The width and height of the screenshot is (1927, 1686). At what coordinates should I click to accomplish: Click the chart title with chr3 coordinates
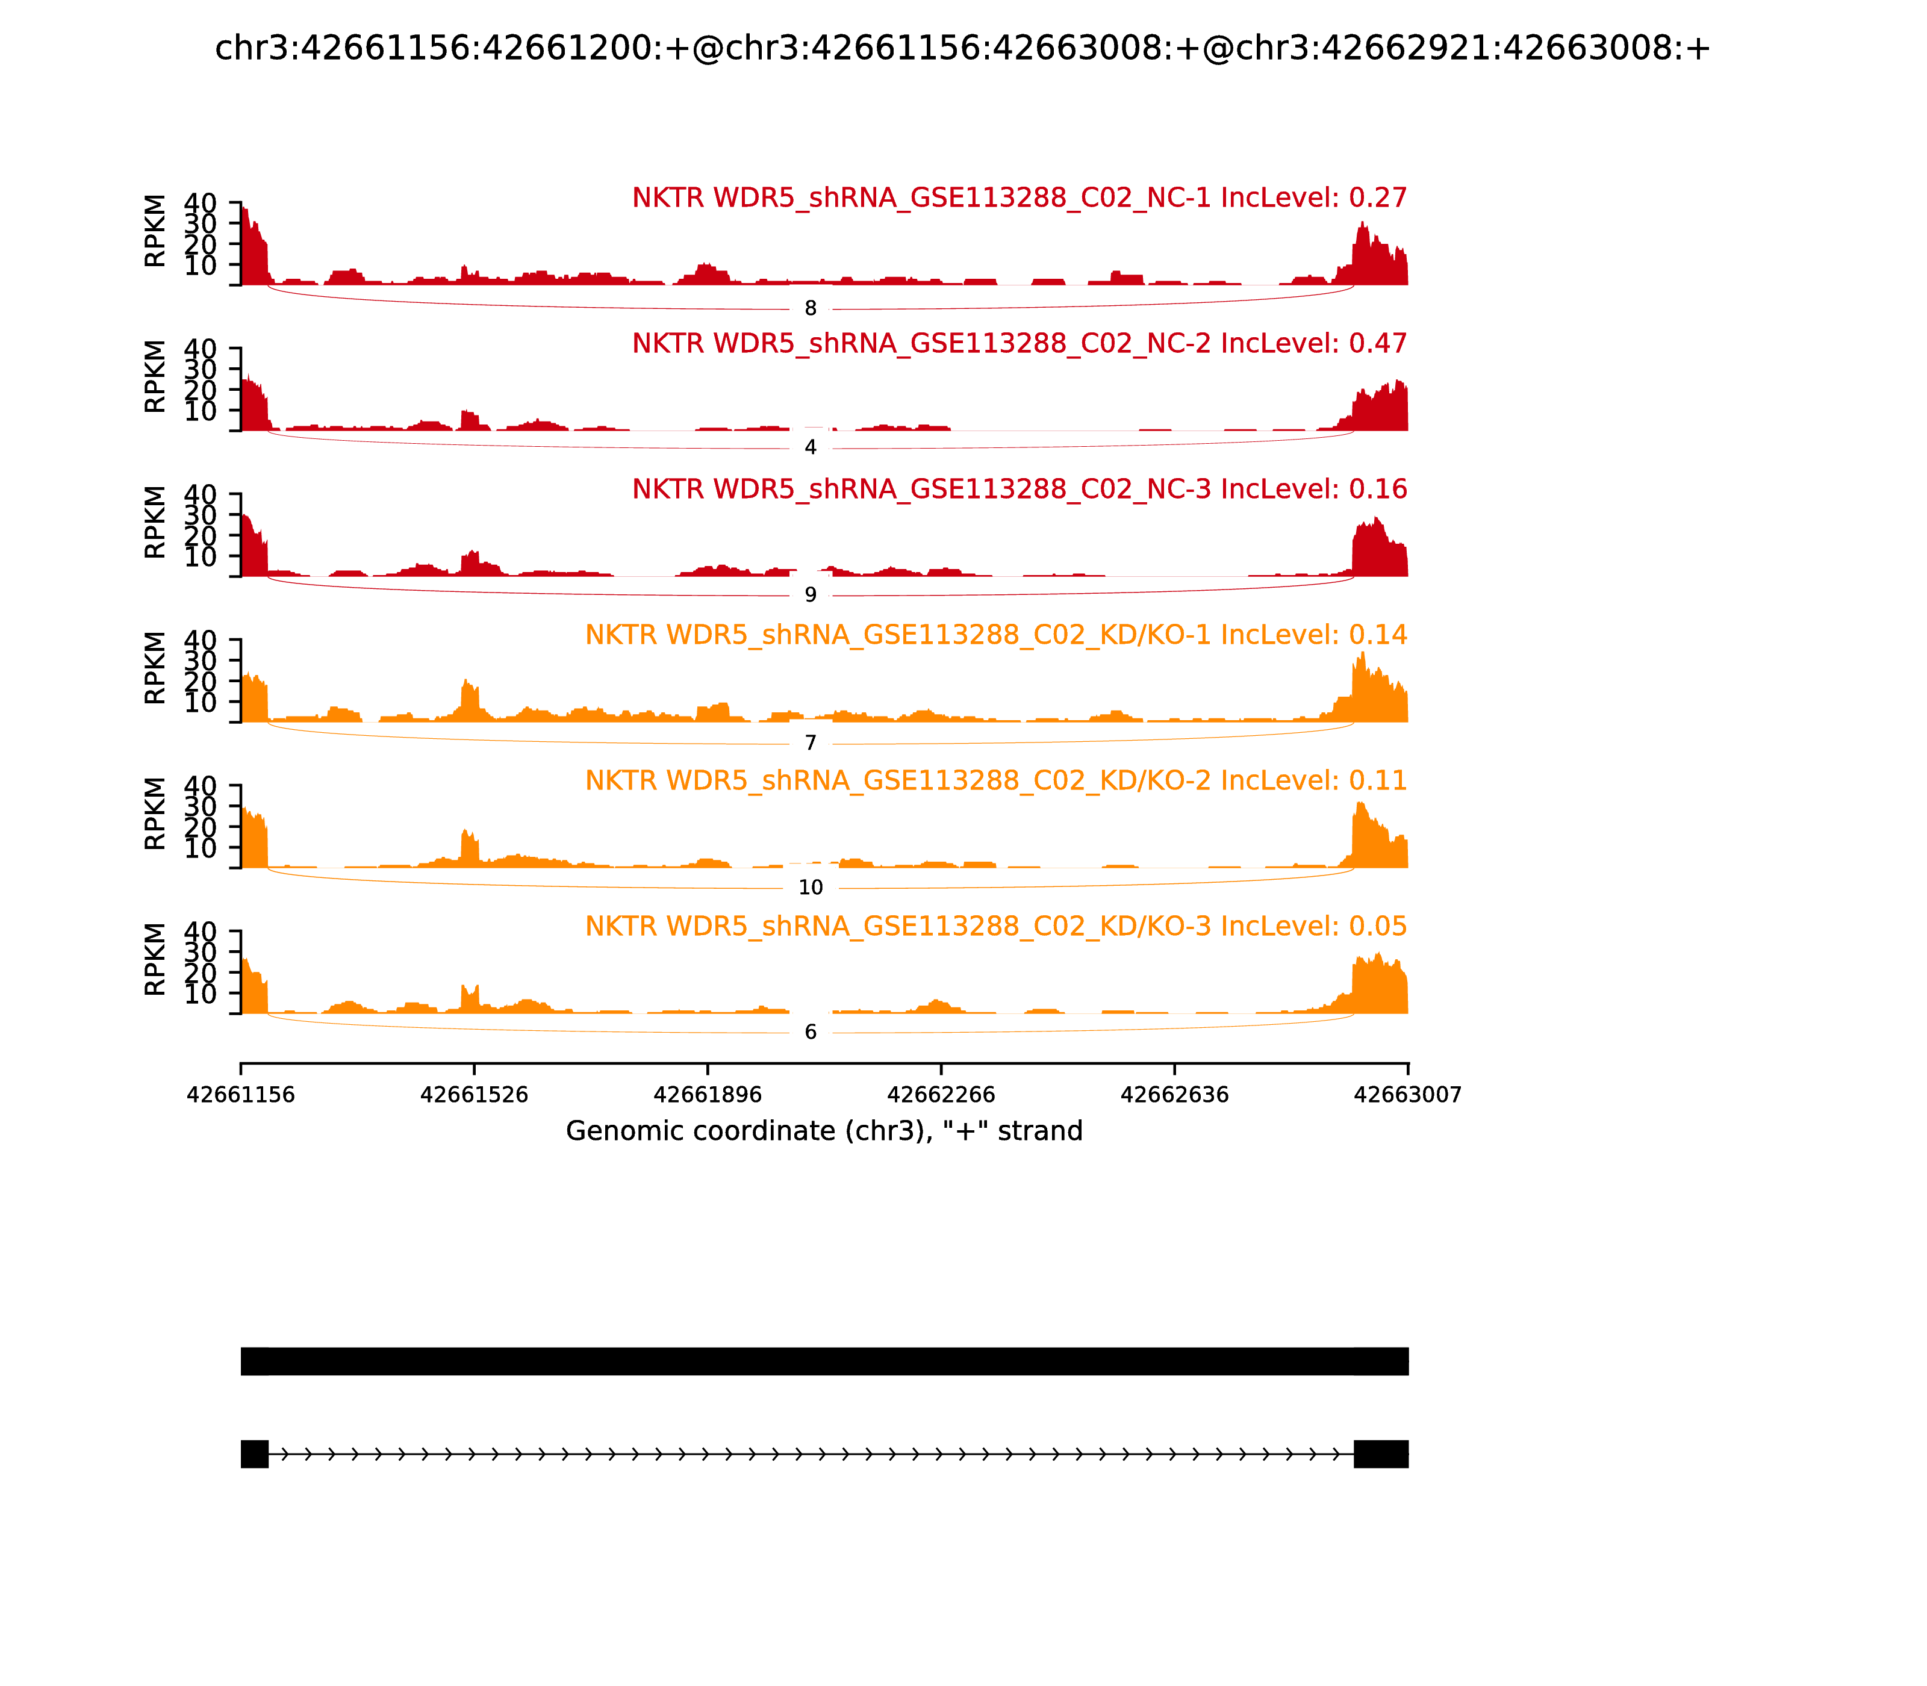[962, 48]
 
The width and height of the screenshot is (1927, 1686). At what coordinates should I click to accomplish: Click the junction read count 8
[810, 308]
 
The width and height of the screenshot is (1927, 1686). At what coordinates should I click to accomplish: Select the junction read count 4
[810, 448]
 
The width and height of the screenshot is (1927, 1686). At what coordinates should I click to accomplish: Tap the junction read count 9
[810, 595]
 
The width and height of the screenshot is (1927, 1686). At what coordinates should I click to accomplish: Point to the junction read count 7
[810, 743]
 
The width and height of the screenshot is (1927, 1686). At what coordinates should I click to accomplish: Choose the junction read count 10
[810, 887]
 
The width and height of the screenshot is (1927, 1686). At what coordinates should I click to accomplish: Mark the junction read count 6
[810, 1032]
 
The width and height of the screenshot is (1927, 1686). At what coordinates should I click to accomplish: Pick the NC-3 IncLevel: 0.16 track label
[1019, 489]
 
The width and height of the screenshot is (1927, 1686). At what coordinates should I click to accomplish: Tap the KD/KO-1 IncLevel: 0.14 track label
[995, 635]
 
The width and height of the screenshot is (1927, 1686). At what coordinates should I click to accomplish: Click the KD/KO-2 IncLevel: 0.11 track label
[995, 781]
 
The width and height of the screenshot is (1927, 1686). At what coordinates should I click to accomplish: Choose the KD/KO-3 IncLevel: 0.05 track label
[995, 927]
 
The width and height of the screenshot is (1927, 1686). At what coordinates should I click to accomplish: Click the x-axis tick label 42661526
[475, 1094]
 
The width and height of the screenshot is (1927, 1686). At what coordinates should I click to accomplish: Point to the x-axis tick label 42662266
[941, 1094]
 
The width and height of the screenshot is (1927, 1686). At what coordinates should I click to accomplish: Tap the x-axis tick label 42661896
[708, 1094]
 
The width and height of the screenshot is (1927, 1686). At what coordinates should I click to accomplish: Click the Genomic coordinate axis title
[824, 1131]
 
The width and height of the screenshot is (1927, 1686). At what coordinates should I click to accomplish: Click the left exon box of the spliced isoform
[254, 1454]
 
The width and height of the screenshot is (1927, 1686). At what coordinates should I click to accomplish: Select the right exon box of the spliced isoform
[1380, 1454]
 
